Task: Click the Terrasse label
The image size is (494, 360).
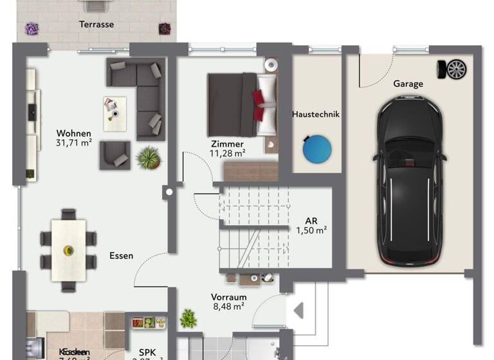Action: pyautogui.click(x=96, y=24)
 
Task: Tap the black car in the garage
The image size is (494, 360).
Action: pyautogui.click(x=410, y=180)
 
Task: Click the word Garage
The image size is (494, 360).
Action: pyautogui.click(x=408, y=84)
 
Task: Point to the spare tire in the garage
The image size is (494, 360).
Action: pyautogui.click(x=456, y=68)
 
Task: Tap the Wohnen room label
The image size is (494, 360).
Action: pyautogui.click(x=74, y=133)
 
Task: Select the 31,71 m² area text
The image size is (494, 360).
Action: pyautogui.click(x=74, y=143)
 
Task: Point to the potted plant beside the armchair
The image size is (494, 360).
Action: pyautogui.click(x=149, y=157)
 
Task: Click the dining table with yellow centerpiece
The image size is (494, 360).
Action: pyautogui.click(x=68, y=249)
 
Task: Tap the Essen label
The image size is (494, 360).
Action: pyautogui.click(x=121, y=255)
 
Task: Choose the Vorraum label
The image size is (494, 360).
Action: pyautogui.click(x=229, y=297)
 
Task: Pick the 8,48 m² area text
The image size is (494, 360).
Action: pyautogui.click(x=229, y=307)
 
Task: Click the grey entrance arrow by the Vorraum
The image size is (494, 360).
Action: pyautogui.click(x=298, y=311)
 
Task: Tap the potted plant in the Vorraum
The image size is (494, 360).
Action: pyautogui.click(x=188, y=317)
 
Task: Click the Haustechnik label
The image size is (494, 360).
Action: pyautogui.click(x=315, y=114)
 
